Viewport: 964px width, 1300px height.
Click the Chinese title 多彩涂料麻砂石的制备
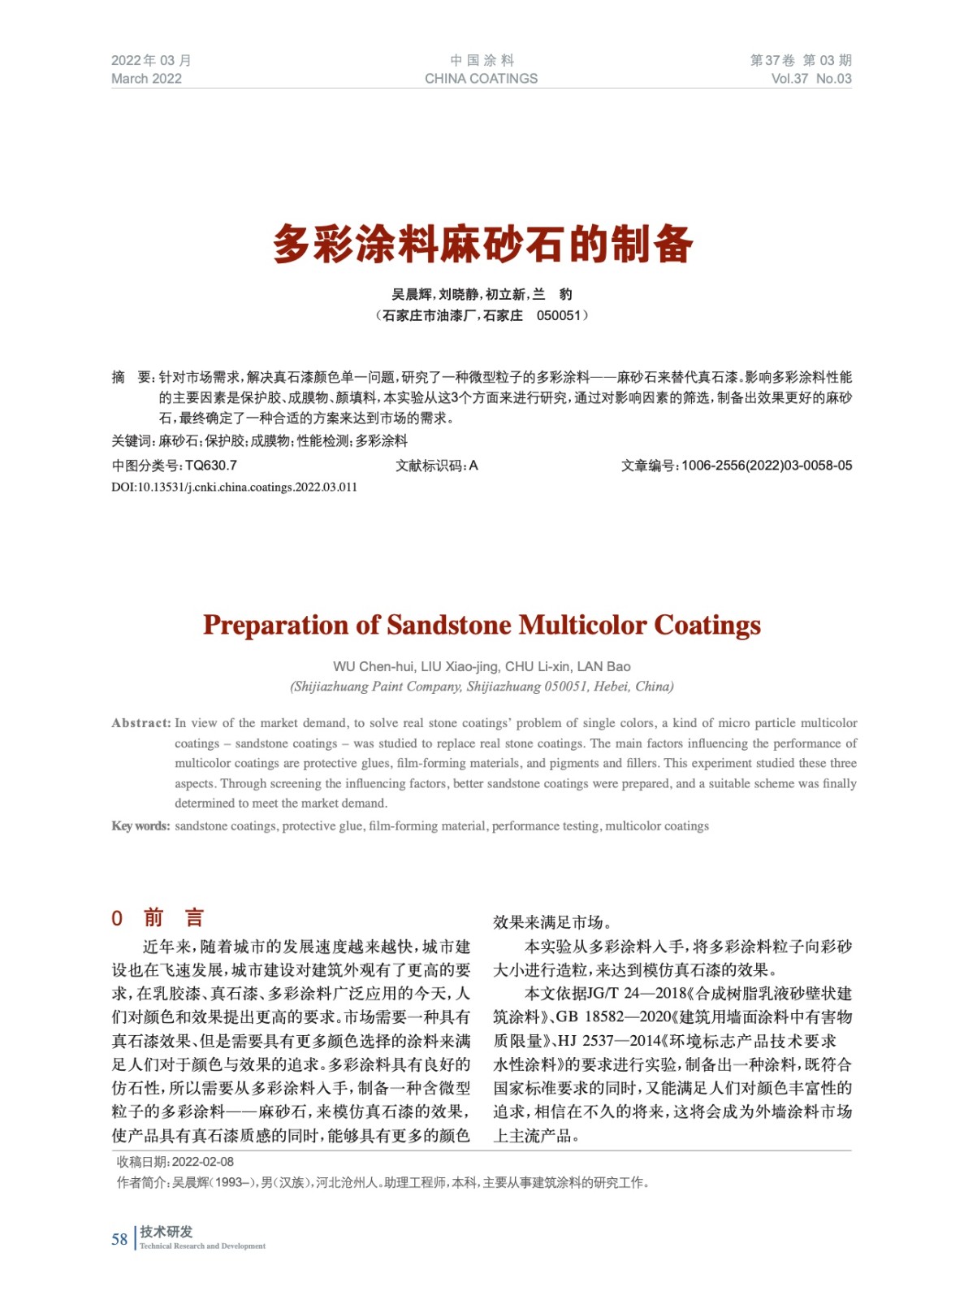482,244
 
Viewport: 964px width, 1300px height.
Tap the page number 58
119,1239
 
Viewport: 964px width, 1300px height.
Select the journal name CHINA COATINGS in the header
481,79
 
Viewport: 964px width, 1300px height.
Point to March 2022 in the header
146,79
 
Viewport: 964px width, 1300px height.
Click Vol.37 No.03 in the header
811,79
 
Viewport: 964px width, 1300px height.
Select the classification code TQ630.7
211,466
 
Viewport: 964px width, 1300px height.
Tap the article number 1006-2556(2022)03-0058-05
767,466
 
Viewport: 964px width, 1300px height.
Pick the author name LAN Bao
603,666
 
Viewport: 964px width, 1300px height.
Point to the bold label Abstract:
141,723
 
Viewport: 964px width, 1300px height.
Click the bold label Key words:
140,826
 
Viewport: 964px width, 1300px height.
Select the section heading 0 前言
158,918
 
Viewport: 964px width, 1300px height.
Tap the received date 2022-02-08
202,1162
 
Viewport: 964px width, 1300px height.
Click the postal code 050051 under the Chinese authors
559,315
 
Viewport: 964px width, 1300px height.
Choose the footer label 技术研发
166,1232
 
